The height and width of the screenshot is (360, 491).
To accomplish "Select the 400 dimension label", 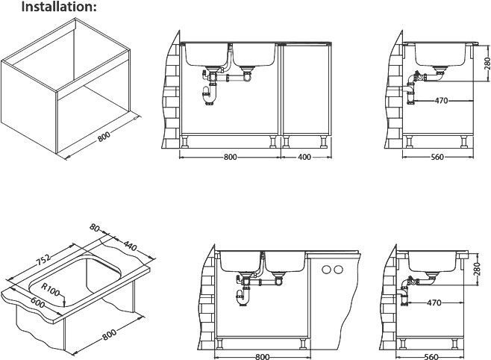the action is tap(304, 157).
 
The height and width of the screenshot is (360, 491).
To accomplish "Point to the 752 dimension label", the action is tap(43, 259).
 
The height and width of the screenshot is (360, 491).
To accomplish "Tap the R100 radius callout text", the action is tap(51, 290).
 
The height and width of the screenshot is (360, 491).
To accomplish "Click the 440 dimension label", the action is tap(130, 246).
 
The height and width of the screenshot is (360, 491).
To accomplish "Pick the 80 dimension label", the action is tap(94, 227).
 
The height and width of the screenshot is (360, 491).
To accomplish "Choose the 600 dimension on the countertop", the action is tap(37, 302).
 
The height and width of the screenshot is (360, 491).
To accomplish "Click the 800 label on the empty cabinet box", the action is tap(104, 137).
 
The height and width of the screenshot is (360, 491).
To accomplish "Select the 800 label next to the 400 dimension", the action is tap(230, 157).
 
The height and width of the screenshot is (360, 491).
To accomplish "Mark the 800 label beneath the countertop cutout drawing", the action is tap(109, 335).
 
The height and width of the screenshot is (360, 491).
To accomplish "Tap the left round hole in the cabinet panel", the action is tap(327, 269).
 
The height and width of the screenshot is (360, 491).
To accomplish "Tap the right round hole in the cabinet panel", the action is tap(338, 269).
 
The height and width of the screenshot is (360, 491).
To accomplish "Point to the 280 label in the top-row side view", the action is tap(487, 63).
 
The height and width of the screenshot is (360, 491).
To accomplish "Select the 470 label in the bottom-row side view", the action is tap(434, 302).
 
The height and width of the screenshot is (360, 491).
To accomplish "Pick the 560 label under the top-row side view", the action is tap(437, 157).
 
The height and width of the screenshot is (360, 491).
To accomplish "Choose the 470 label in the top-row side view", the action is tap(442, 101).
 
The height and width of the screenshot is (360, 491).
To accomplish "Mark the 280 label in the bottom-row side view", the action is tap(477, 269).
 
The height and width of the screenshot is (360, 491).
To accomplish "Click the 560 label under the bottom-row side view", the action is tap(431, 356).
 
